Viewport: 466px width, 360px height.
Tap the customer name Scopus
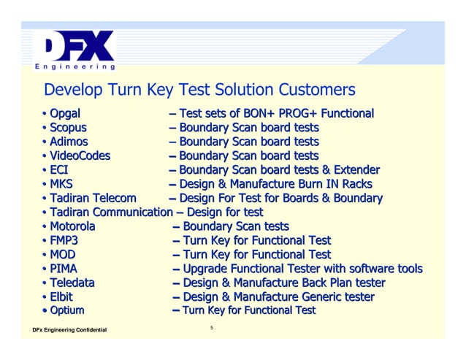(x=68, y=128)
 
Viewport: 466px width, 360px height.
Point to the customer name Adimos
(x=69, y=142)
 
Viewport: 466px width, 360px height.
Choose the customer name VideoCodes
(x=80, y=156)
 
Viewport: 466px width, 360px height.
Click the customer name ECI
(x=60, y=170)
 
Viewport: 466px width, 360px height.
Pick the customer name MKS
(x=62, y=184)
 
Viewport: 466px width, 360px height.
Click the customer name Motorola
(x=73, y=226)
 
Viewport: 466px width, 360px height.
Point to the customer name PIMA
(x=64, y=269)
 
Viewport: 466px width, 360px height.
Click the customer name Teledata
(x=72, y=283)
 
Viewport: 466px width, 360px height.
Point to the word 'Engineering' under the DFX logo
(x=73, y=67)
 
